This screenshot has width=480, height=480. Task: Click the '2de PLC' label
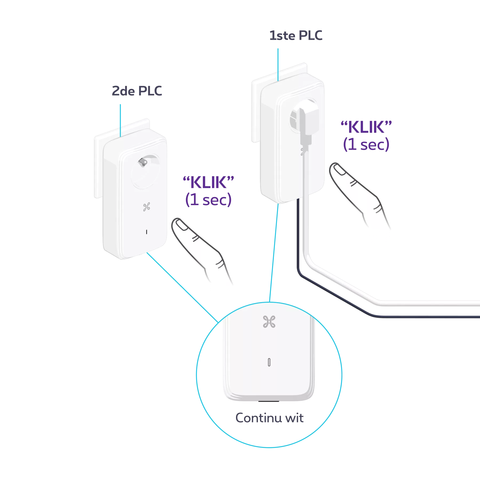point(136,91)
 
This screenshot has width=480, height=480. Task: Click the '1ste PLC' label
point(296,36)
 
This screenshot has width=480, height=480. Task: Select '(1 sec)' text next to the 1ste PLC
point(366,145)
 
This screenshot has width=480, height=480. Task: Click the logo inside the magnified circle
point(269,321)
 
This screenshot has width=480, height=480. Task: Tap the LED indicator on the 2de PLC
point(146,231)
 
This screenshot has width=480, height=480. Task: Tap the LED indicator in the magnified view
point(269,363)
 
